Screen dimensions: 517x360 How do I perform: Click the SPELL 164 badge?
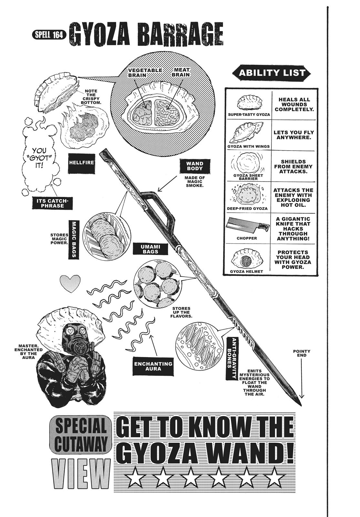(49, 35)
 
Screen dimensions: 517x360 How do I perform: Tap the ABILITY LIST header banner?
(272, 73)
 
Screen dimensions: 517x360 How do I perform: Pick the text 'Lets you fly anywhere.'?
(293, 135)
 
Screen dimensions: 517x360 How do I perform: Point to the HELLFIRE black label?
(81, 163)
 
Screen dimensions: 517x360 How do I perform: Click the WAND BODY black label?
(194, 166)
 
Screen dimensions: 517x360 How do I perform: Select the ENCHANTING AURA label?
(153, 366)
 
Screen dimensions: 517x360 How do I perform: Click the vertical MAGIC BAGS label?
(74, 239)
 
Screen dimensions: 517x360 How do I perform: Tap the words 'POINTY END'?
(302, 353)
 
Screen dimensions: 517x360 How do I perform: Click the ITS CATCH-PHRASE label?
(52, 203)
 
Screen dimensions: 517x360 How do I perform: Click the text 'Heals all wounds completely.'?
(293, 104)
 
